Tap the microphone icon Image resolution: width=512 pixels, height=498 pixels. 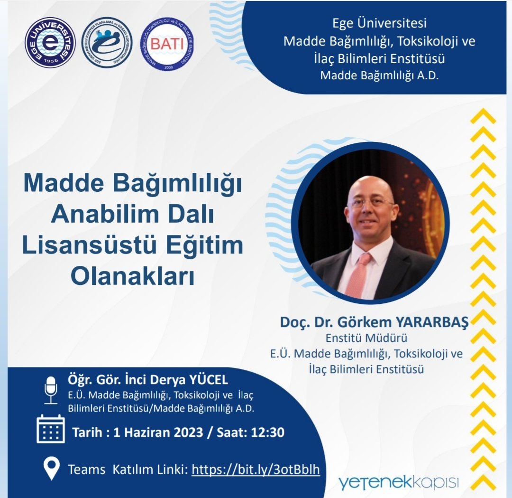pos(50,390)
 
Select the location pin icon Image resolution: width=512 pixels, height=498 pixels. pos(51,469)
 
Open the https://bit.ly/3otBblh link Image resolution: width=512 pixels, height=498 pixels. pos(256,470)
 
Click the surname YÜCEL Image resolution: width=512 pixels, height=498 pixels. pos(209,380)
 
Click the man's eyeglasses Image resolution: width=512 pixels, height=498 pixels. pos(372,203)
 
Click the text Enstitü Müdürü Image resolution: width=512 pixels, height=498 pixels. pos(366,338)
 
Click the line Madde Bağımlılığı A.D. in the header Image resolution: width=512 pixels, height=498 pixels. pos(379,75)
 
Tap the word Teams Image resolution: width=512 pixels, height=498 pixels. pos(86,470)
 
